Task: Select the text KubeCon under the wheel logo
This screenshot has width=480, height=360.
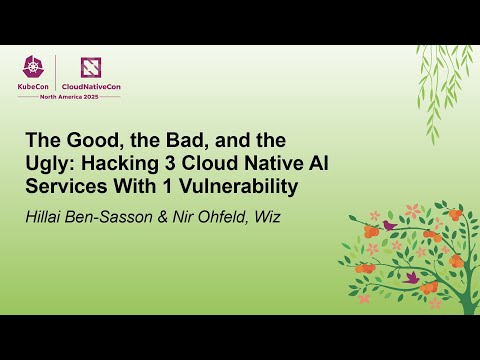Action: (x=36, y=87)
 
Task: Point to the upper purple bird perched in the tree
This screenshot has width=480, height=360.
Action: (x=388, y=226)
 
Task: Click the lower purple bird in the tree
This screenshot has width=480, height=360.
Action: (x=411, y=277)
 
